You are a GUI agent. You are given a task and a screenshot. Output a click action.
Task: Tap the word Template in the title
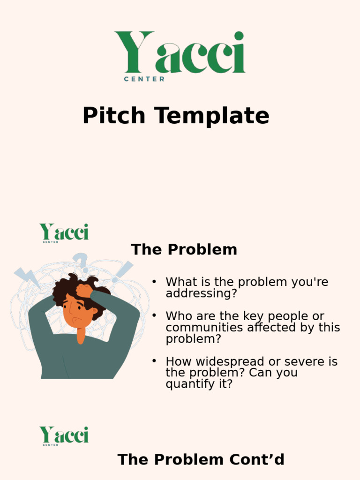[x=213, y=116]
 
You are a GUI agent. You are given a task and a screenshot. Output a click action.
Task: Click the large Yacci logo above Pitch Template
[x=180, y=52]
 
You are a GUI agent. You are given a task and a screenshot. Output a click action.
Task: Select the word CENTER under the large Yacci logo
[x=144, y=79]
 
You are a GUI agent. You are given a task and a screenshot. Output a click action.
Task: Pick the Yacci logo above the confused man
[x=64, y=232]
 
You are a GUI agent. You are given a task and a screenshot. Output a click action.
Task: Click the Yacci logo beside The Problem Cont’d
[x=64, y=435]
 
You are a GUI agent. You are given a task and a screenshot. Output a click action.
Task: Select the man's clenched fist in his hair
[x=84, y=291]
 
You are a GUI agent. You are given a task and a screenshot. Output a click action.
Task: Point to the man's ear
[x=93, y=311]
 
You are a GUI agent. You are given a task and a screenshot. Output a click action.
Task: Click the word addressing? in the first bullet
[x=202, y=294]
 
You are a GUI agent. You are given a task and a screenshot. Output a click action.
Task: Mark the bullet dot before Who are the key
[x=153, y=316]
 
